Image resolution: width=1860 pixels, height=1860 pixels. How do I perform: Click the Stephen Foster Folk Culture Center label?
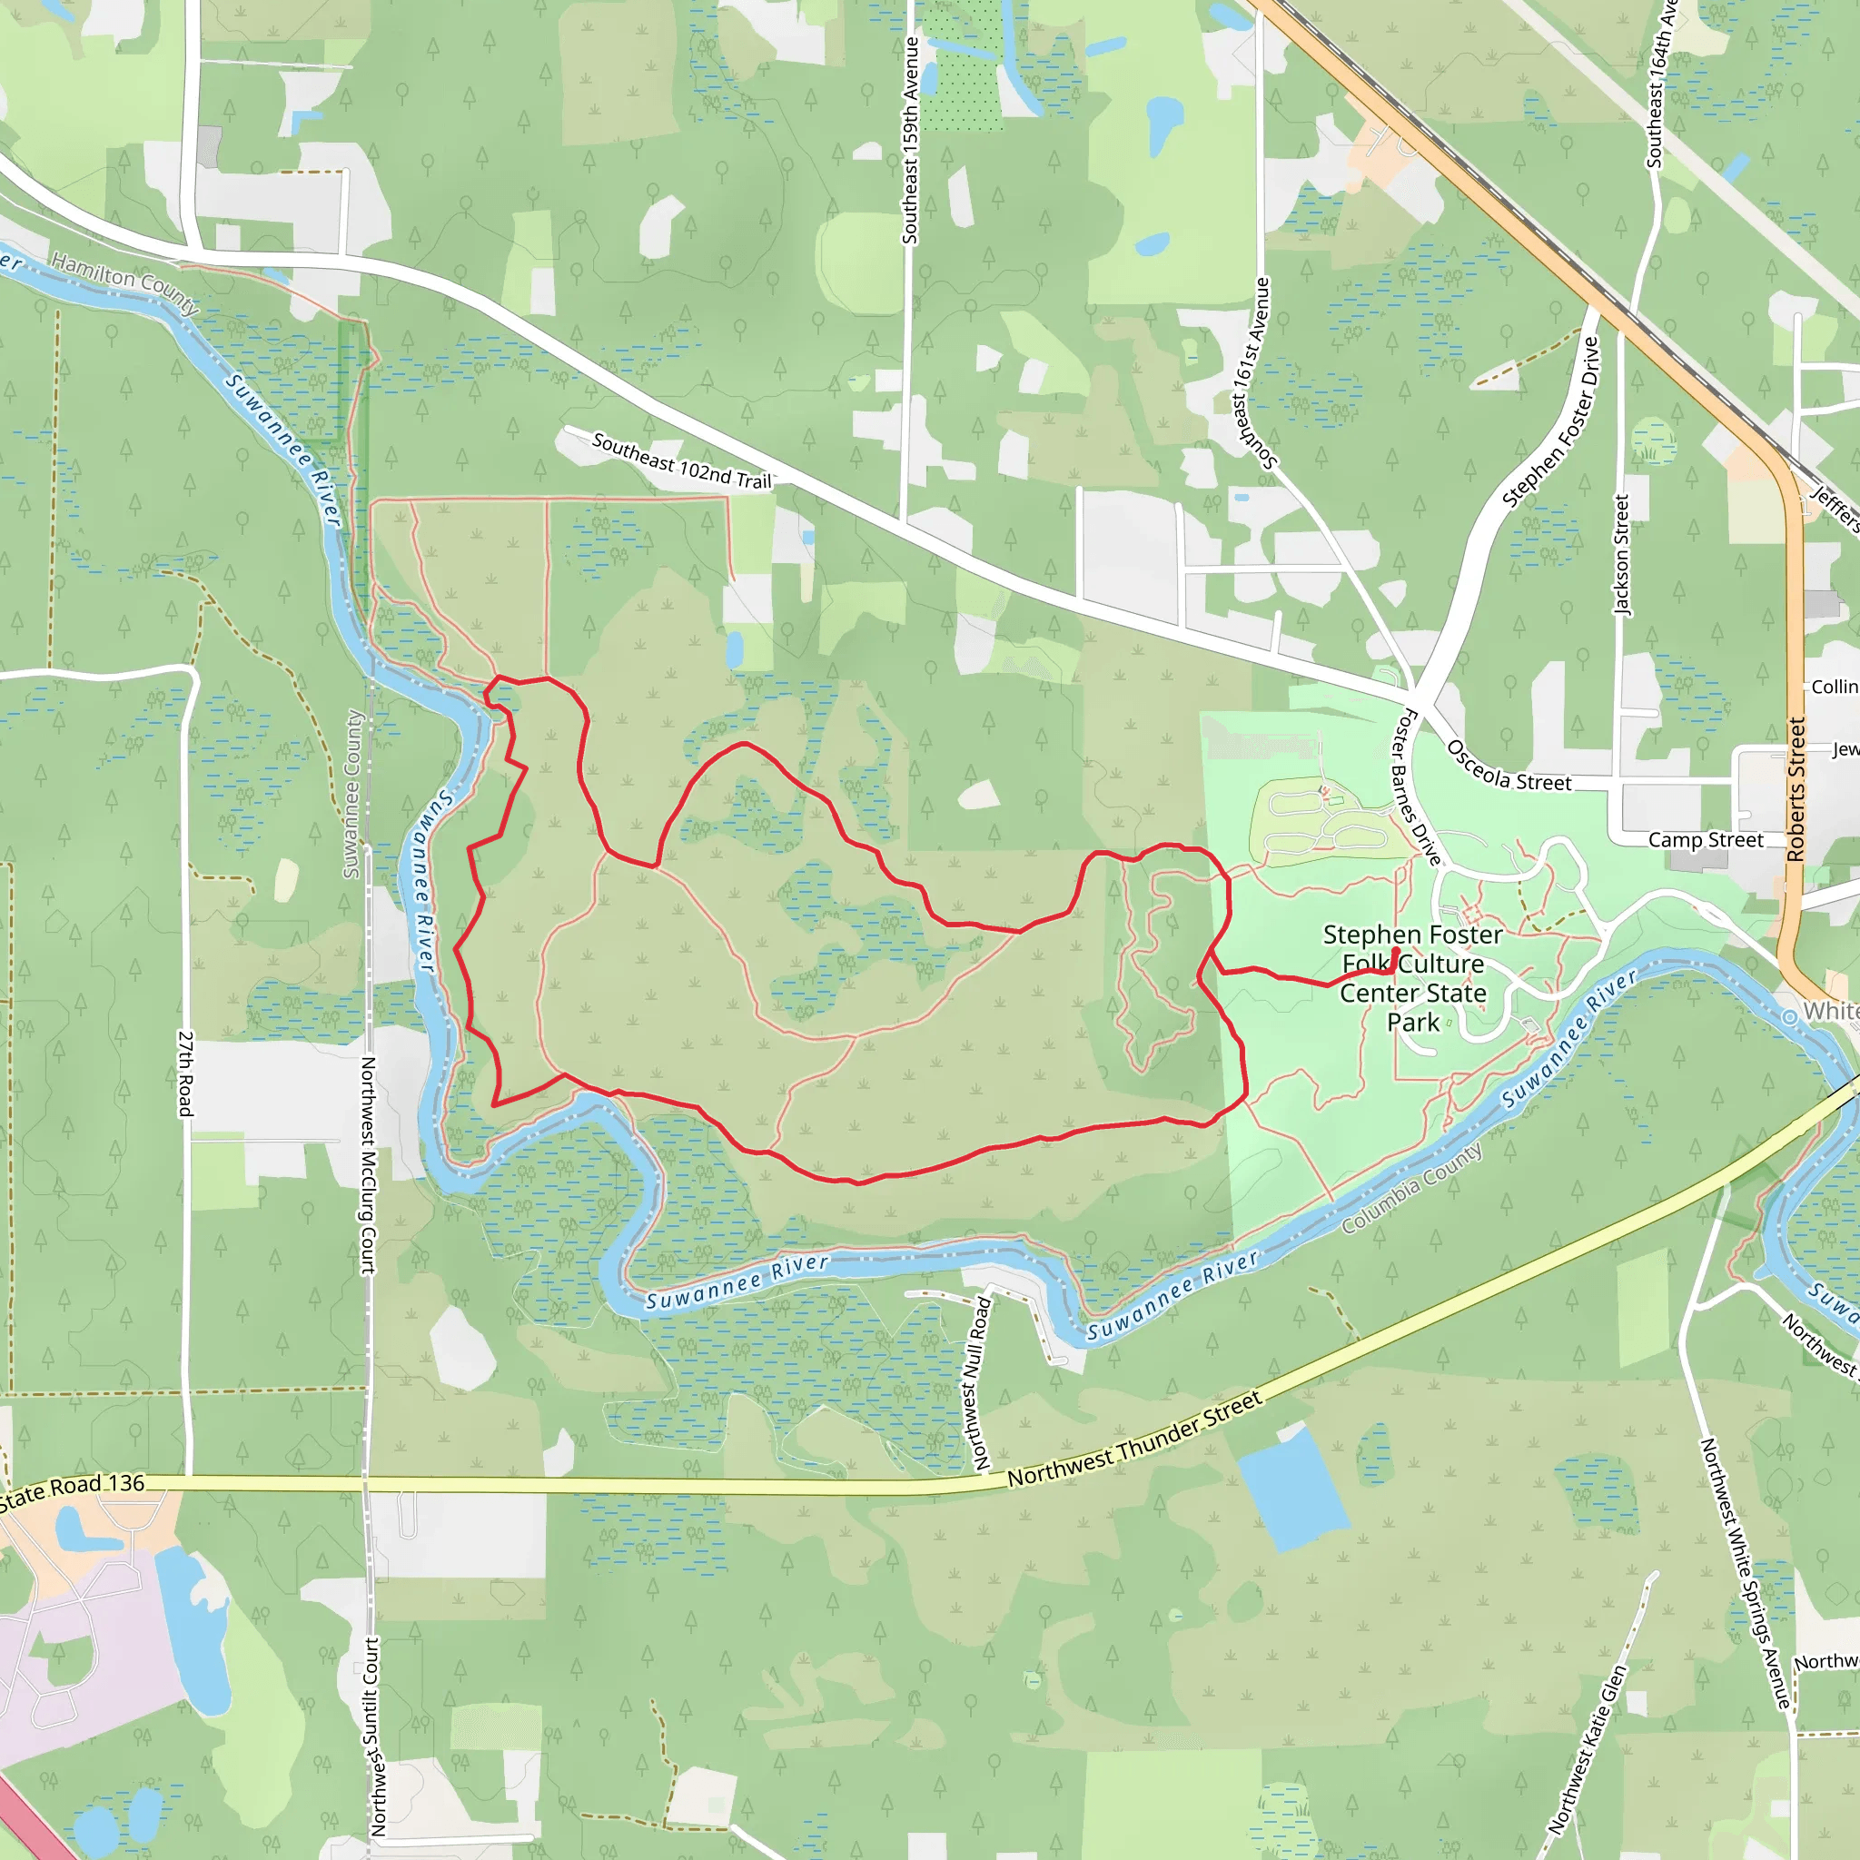tap(1412, 977)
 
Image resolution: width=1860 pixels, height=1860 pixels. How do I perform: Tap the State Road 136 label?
tap(73, 1489)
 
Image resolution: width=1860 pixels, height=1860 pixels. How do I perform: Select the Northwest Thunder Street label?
tap(1134, 1440)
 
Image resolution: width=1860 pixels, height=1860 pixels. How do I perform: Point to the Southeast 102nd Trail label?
tap(682, 461)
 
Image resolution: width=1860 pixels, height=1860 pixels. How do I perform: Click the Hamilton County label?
tap(125, 284)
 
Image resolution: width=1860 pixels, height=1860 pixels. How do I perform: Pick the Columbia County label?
tap(1411, 1189)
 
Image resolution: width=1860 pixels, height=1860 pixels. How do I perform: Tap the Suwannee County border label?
tap(352, 795)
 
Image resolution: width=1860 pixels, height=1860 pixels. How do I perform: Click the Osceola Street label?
tap(1508, 767)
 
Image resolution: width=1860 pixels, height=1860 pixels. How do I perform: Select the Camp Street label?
tap(1705, 839)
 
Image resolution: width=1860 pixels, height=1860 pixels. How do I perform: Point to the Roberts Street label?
tap(1796, 788)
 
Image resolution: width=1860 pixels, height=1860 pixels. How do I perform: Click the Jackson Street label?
tap(1621, 556)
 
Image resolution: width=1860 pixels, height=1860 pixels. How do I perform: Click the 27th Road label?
tap(185, 1074)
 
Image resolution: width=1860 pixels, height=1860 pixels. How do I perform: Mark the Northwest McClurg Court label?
tap(368, 1165)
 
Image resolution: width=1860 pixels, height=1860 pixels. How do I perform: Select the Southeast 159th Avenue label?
tap(910, 141)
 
